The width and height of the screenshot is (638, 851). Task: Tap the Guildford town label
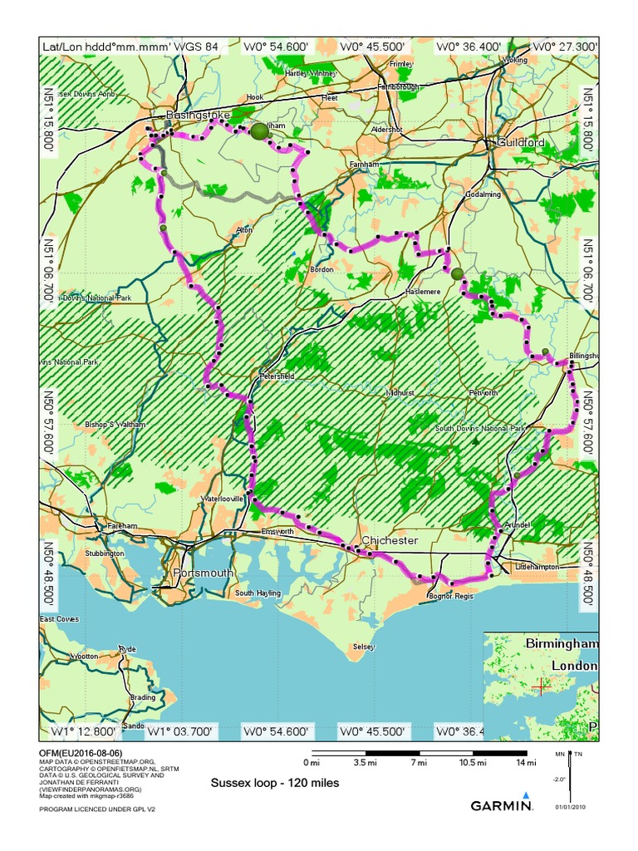(521, 143)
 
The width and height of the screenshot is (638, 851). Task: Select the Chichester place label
(389, 541)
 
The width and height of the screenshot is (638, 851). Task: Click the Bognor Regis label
(449, 596)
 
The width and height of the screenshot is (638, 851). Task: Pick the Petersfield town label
(277, 376)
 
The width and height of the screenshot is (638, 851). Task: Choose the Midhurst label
(399, 391)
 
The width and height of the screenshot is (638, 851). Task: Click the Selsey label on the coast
(364, 647)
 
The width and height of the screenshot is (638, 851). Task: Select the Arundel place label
(518, 525)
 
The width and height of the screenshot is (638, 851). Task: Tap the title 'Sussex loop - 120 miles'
(275, 783)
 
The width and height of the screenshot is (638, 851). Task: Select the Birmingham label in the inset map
(561, 644)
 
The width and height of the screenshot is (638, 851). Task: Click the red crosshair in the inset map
(541, 686)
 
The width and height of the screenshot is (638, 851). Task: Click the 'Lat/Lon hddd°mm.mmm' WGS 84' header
(130, 47)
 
